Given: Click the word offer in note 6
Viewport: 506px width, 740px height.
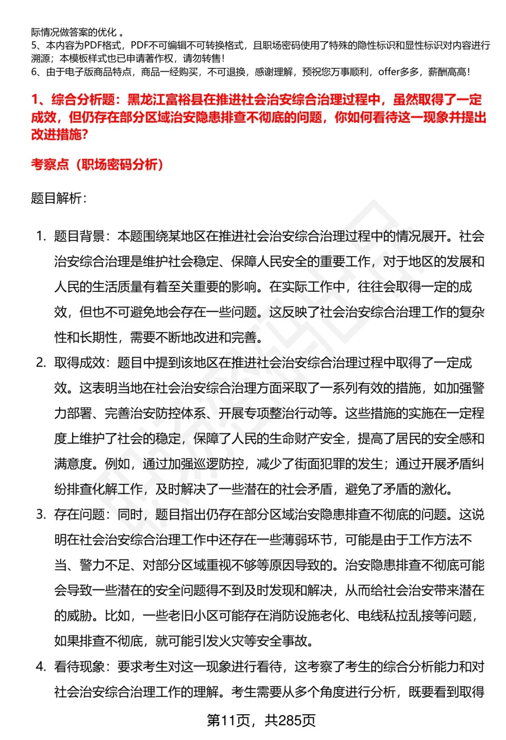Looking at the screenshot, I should [388, 72].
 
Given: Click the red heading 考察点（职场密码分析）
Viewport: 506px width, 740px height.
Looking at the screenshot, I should [97, 164].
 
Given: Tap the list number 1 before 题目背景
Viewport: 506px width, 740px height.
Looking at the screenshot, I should [40, 236].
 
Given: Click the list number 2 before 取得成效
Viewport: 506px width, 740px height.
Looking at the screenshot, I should [40, 363].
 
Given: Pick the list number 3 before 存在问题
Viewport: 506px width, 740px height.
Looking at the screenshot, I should [40, 514].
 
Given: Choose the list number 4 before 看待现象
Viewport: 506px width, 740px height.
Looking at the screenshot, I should [40, 666].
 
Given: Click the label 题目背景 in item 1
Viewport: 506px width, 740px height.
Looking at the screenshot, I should [79, 236].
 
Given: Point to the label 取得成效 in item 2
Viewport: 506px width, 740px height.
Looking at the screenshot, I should [79, 363].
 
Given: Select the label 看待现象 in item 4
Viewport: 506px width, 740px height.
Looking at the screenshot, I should [79, 666].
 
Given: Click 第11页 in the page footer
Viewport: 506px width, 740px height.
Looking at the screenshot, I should [228, 720].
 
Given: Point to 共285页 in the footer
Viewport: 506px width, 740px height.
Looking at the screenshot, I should [290, 720].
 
